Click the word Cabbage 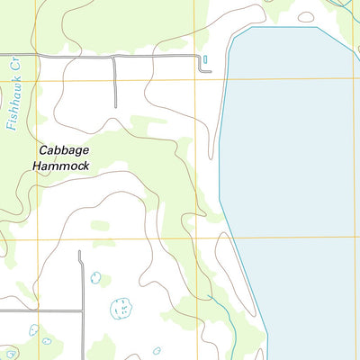pos(64,151)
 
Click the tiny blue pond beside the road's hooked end pos(205,60)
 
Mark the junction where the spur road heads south pos(114,58)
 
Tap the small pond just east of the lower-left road pos(94,277)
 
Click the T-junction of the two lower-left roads pos(82,311)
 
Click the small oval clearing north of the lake pos(306,16)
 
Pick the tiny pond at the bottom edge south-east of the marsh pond pos(157,350)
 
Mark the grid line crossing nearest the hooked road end pos(194,80)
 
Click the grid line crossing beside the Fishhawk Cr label pos(37,80)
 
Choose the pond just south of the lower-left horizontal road pos(34,330)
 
